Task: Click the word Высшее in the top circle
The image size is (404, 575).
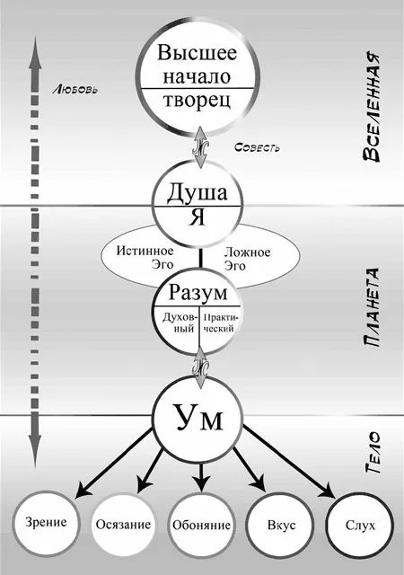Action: coord(198,52)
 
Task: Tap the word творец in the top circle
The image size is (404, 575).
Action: coord(198,100)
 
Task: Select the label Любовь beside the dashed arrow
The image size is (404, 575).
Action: coord(75,90)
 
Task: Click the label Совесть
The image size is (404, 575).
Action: coord(258,147)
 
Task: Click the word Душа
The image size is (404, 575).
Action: coord(198,193)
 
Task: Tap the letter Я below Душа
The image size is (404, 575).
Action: coord(198,217)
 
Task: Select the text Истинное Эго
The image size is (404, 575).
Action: coord(145,258)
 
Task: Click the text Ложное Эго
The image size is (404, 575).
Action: coord(247,259)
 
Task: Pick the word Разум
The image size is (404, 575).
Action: coord(198,293)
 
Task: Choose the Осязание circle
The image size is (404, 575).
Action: coord(123,525)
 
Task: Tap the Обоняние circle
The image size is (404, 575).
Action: coord(202,525)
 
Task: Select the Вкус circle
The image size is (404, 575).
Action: coord(280,525)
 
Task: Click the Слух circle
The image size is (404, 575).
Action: coord(360,526)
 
